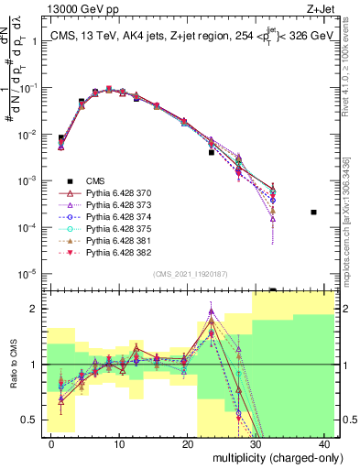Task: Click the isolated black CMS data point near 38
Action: tap(313, 213)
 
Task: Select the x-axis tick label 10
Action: tap(119, 443)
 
